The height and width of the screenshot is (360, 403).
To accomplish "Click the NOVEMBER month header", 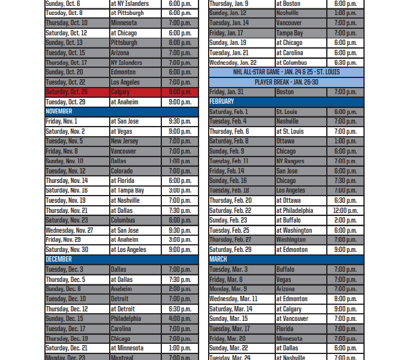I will tap(59, 112).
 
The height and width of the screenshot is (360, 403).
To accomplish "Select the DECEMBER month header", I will tap(59, 259).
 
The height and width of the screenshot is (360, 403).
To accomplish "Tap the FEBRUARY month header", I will tap(222, 102).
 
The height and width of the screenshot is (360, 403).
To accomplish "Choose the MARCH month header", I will tap(218, 259).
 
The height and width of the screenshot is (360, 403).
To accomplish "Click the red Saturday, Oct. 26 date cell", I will tap(77, 92).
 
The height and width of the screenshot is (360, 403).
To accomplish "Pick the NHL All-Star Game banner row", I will tap(286, 72).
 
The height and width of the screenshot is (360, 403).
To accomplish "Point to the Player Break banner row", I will tap(286, 82).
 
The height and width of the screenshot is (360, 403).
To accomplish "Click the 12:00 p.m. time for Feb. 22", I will tap(345, 211).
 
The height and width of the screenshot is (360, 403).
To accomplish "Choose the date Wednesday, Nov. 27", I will tap(77, 230).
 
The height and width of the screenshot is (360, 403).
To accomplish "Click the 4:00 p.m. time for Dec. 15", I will tap(180, 319).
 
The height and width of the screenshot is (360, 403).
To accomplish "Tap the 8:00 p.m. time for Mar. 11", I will tap(345, 299).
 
